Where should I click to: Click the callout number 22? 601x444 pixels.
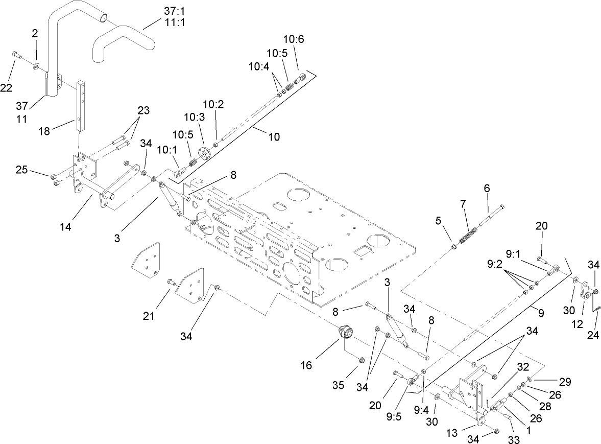(6, 88)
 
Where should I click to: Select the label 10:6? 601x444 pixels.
(294, 39)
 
